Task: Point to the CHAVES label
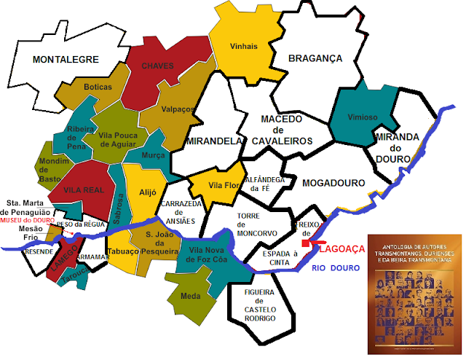click(158, 66)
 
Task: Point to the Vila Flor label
click(221, 185)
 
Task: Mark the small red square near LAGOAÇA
click(306, 243)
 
